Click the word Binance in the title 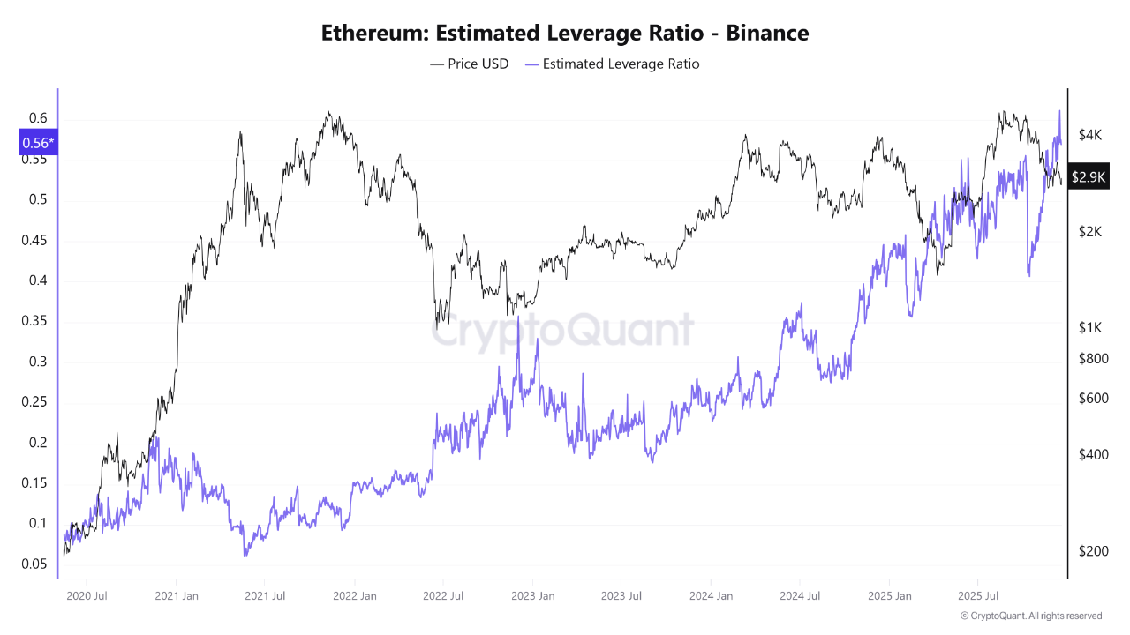click(764, 34)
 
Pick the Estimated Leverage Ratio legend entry click(612, 63)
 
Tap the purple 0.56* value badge click(38, 142)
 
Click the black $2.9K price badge click(1088, 176)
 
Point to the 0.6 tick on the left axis click(38, 118)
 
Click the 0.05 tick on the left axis click(34, 564)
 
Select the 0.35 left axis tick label click(34, 321)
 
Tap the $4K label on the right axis click(1090, 135)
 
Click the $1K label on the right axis click(1090, 327)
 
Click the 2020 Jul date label click(87, 596)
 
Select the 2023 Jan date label click(532, 596)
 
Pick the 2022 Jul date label click(443, 596)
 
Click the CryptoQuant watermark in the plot click(562, 331)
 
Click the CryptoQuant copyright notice click(1030, 616)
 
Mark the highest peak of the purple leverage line click(1059, 111)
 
